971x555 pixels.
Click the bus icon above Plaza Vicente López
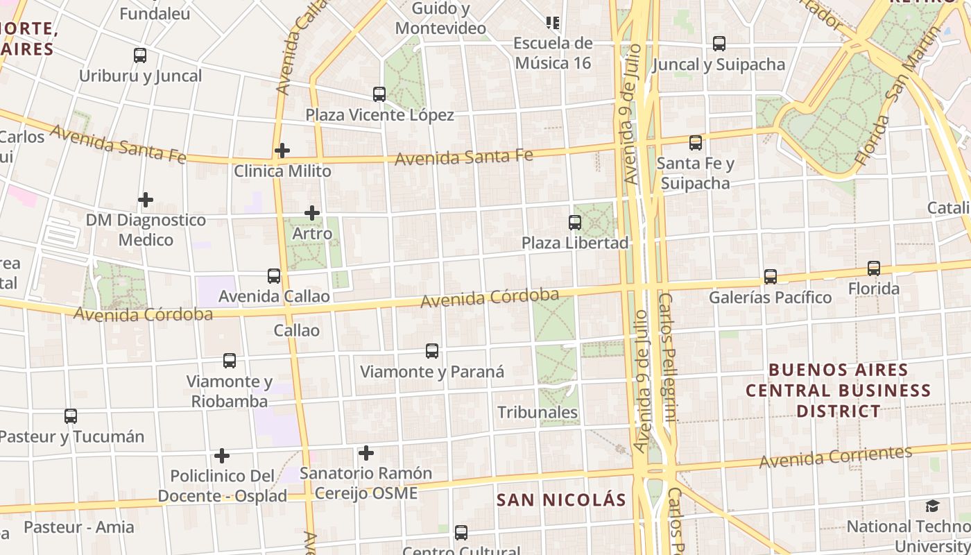click(x=379, y=94)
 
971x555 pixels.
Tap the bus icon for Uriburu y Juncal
click(x=140, y=55)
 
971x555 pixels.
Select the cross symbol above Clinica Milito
click(x=282, y=150)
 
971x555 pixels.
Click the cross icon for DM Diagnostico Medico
click(x=145, y=200)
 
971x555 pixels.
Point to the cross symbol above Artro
click(x=312, y=213)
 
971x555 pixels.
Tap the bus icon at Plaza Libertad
click(x=575, y=222)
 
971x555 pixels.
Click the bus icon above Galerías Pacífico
click(x=770, y=276)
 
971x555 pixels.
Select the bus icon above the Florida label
click(x=874, y=268)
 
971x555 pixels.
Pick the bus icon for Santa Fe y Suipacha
click(x=696, y=143)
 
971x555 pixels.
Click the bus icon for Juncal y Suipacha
click(x=719, y=44)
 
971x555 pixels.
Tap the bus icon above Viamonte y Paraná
click(x=432, y=351)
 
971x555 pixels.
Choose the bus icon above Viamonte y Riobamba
click(x=230, y=361)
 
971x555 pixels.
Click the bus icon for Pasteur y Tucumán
click(x=71, y=416)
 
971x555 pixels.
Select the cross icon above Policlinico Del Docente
click(x=222, y=456)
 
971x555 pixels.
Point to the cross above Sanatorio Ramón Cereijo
click(x=366, y=454)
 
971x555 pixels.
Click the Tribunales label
click(x=538, y=412)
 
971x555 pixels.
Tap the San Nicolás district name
click(x=561, y=499)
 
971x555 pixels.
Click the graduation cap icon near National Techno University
click(x=933, y=506)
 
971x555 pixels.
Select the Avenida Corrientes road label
click(x=835, y=456)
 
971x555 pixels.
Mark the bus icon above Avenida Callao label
click(x=274, y=276)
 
